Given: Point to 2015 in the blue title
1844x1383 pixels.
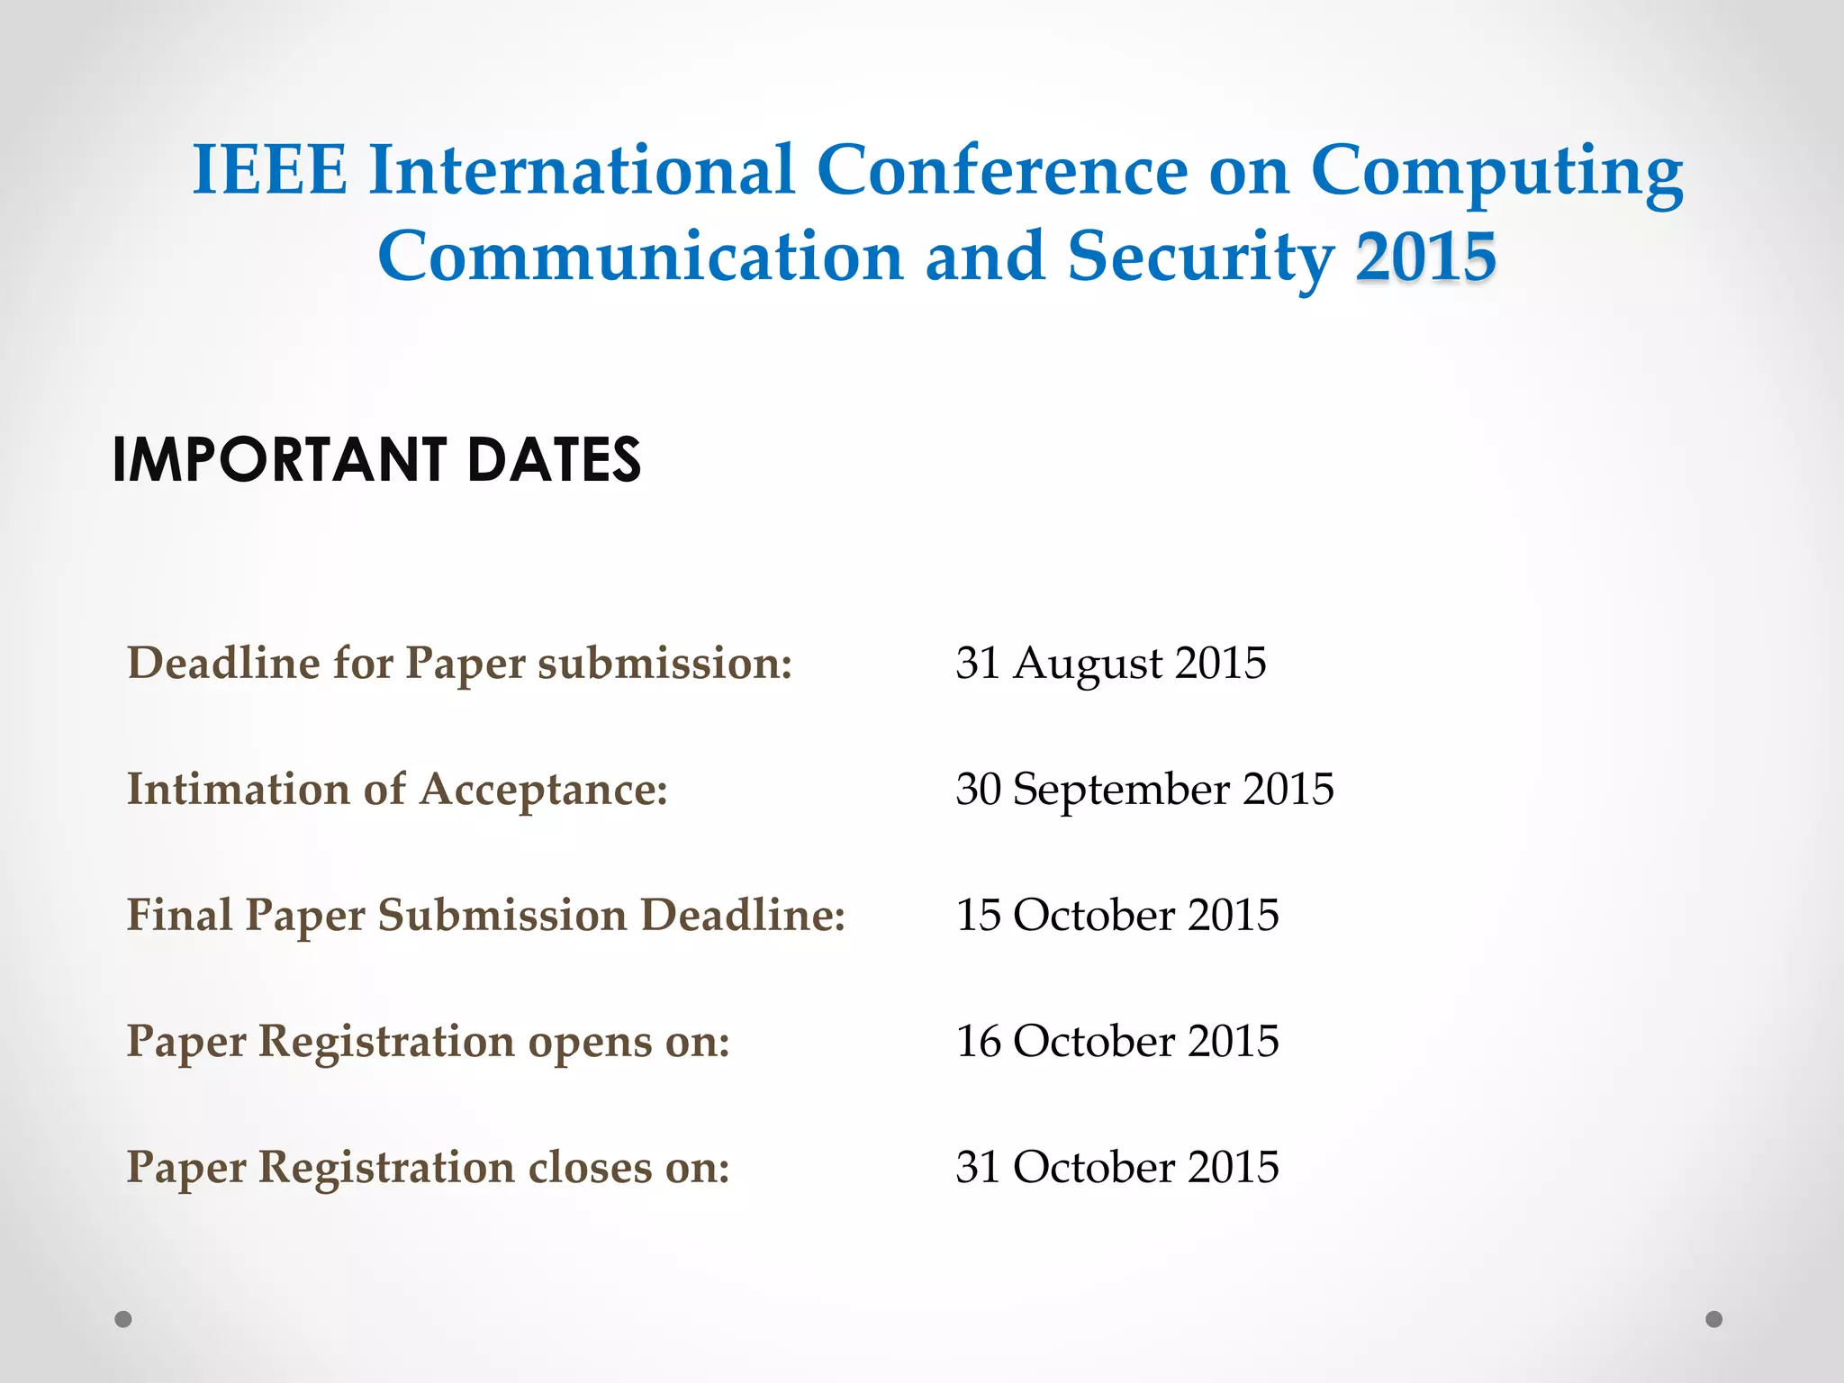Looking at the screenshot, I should [1426, 258].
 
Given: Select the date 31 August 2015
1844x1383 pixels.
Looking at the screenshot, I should [1110, 664].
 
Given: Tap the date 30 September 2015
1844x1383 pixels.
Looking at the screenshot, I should [1144, 790].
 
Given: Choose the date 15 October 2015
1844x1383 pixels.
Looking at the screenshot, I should [1116, 916].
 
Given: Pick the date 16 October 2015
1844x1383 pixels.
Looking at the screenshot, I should [1116, 1042].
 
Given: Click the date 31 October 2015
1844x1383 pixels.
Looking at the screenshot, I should [1116, 1168].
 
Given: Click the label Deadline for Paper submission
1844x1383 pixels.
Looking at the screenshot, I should [459, 664].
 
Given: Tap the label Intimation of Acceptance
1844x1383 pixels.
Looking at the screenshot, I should [397, 790].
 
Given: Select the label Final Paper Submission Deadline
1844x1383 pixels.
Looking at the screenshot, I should [486, 916].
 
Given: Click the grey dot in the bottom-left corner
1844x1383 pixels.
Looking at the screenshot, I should [123, 1319].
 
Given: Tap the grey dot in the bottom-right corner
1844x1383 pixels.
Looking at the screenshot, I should [1714, 1319].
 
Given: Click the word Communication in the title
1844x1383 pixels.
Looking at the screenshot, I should [640, 258].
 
